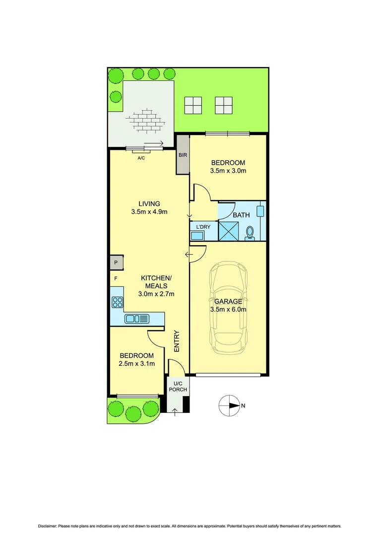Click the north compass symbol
(x=229, y=405)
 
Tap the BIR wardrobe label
(x=183, y=155)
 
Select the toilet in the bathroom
(x=250, y=232)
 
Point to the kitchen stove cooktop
(x=118, y=301)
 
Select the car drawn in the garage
(x=228, y=308)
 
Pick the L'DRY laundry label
(x=203, y=227)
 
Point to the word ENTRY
(x=176, y=342)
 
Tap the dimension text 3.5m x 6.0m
(x=229, y=309)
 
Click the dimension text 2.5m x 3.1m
(x=137, y=364)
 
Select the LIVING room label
(x=149, y=203)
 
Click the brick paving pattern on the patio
(x=144, y=120)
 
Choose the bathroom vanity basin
(x=260, y=210)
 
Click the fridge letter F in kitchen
(x=115, y=278)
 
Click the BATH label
(x=241, y=215)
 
